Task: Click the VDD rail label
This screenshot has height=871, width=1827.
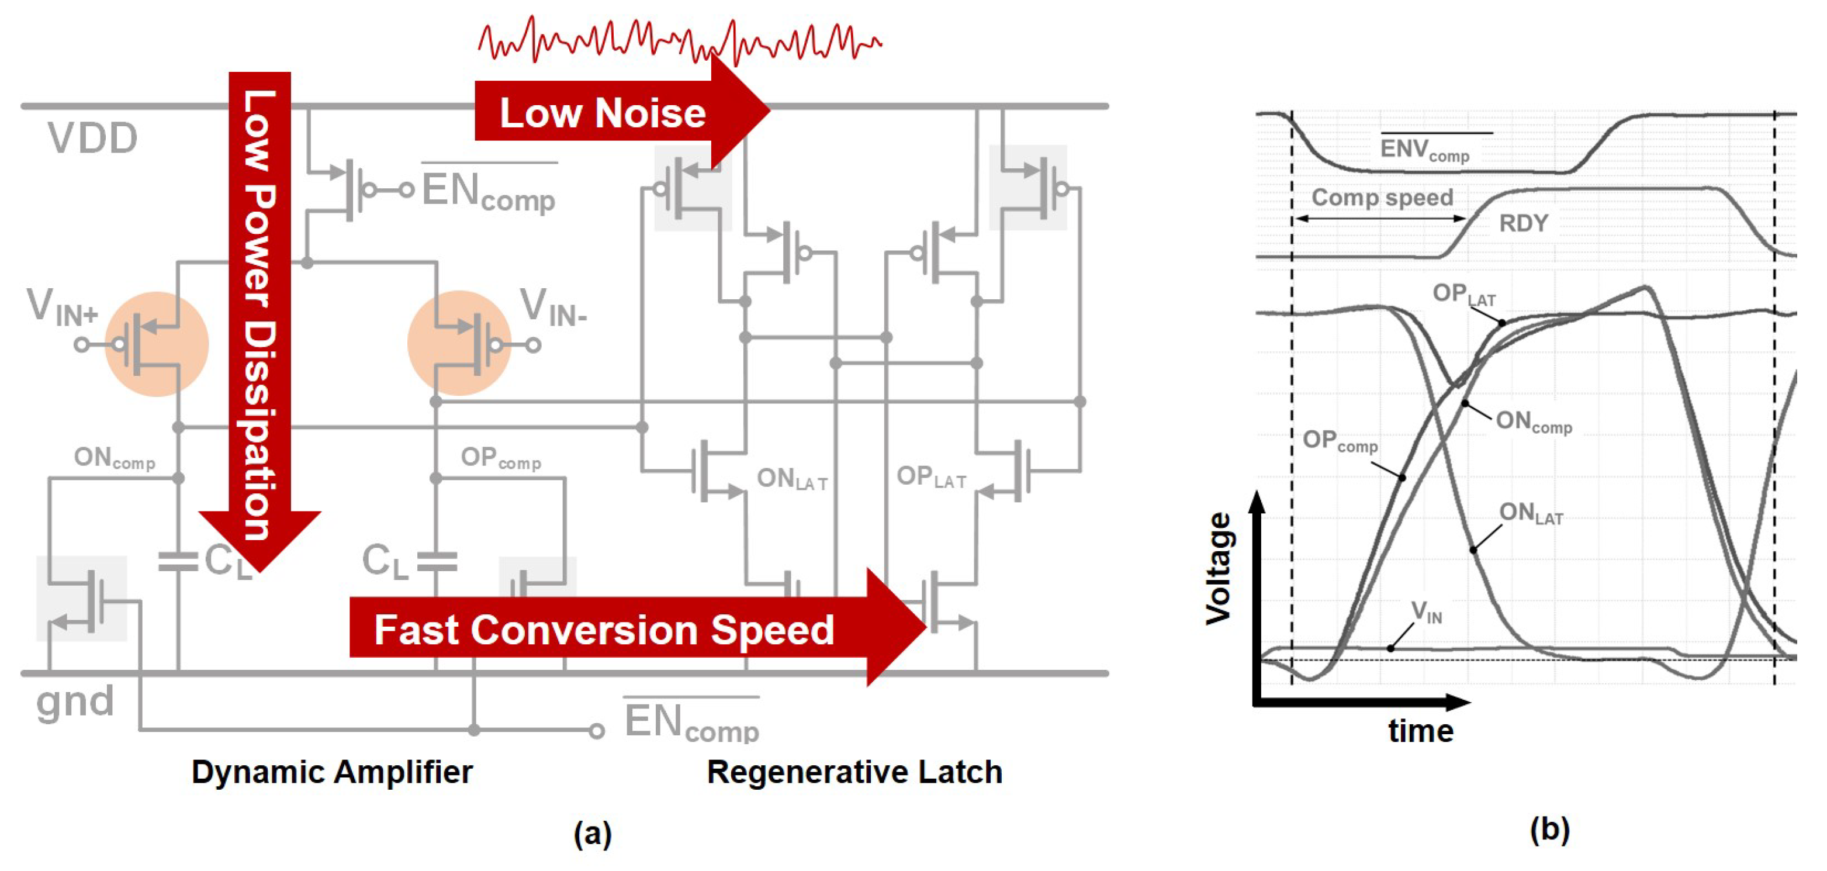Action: pyautogui.click(x=92, y=139)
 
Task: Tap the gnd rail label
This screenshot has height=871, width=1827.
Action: pyautogui.click(x=74, y=701)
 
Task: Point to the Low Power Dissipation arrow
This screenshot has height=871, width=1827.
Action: pyautogui.click(x=259, y=312)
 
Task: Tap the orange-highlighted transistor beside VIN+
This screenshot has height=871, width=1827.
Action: pyautogui.click(x=157, y=344)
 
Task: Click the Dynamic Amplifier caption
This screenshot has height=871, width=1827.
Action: pyautogui.click(x=332, y=772)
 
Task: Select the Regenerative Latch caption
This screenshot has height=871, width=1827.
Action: pyautogui.click(x=854, y=772)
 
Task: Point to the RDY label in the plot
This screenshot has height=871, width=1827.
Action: pyautogui.click(x=1524, y=223)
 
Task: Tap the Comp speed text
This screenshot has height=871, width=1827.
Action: pyautogui.click(x=1382, y=197)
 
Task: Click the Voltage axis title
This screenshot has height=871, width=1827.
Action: pyautogui.click(x=1219, y=568)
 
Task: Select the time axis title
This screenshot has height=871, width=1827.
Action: pyautogui.click(x=1421, y=731)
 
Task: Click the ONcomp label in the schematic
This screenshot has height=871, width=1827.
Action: pyautogui.click(x=113, y=458)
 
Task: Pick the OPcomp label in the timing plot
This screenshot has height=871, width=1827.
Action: pyautogui.click(x=1340, y=441)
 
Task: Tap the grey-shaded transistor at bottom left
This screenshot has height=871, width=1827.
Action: pyautogui.click(x=82, y=599)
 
